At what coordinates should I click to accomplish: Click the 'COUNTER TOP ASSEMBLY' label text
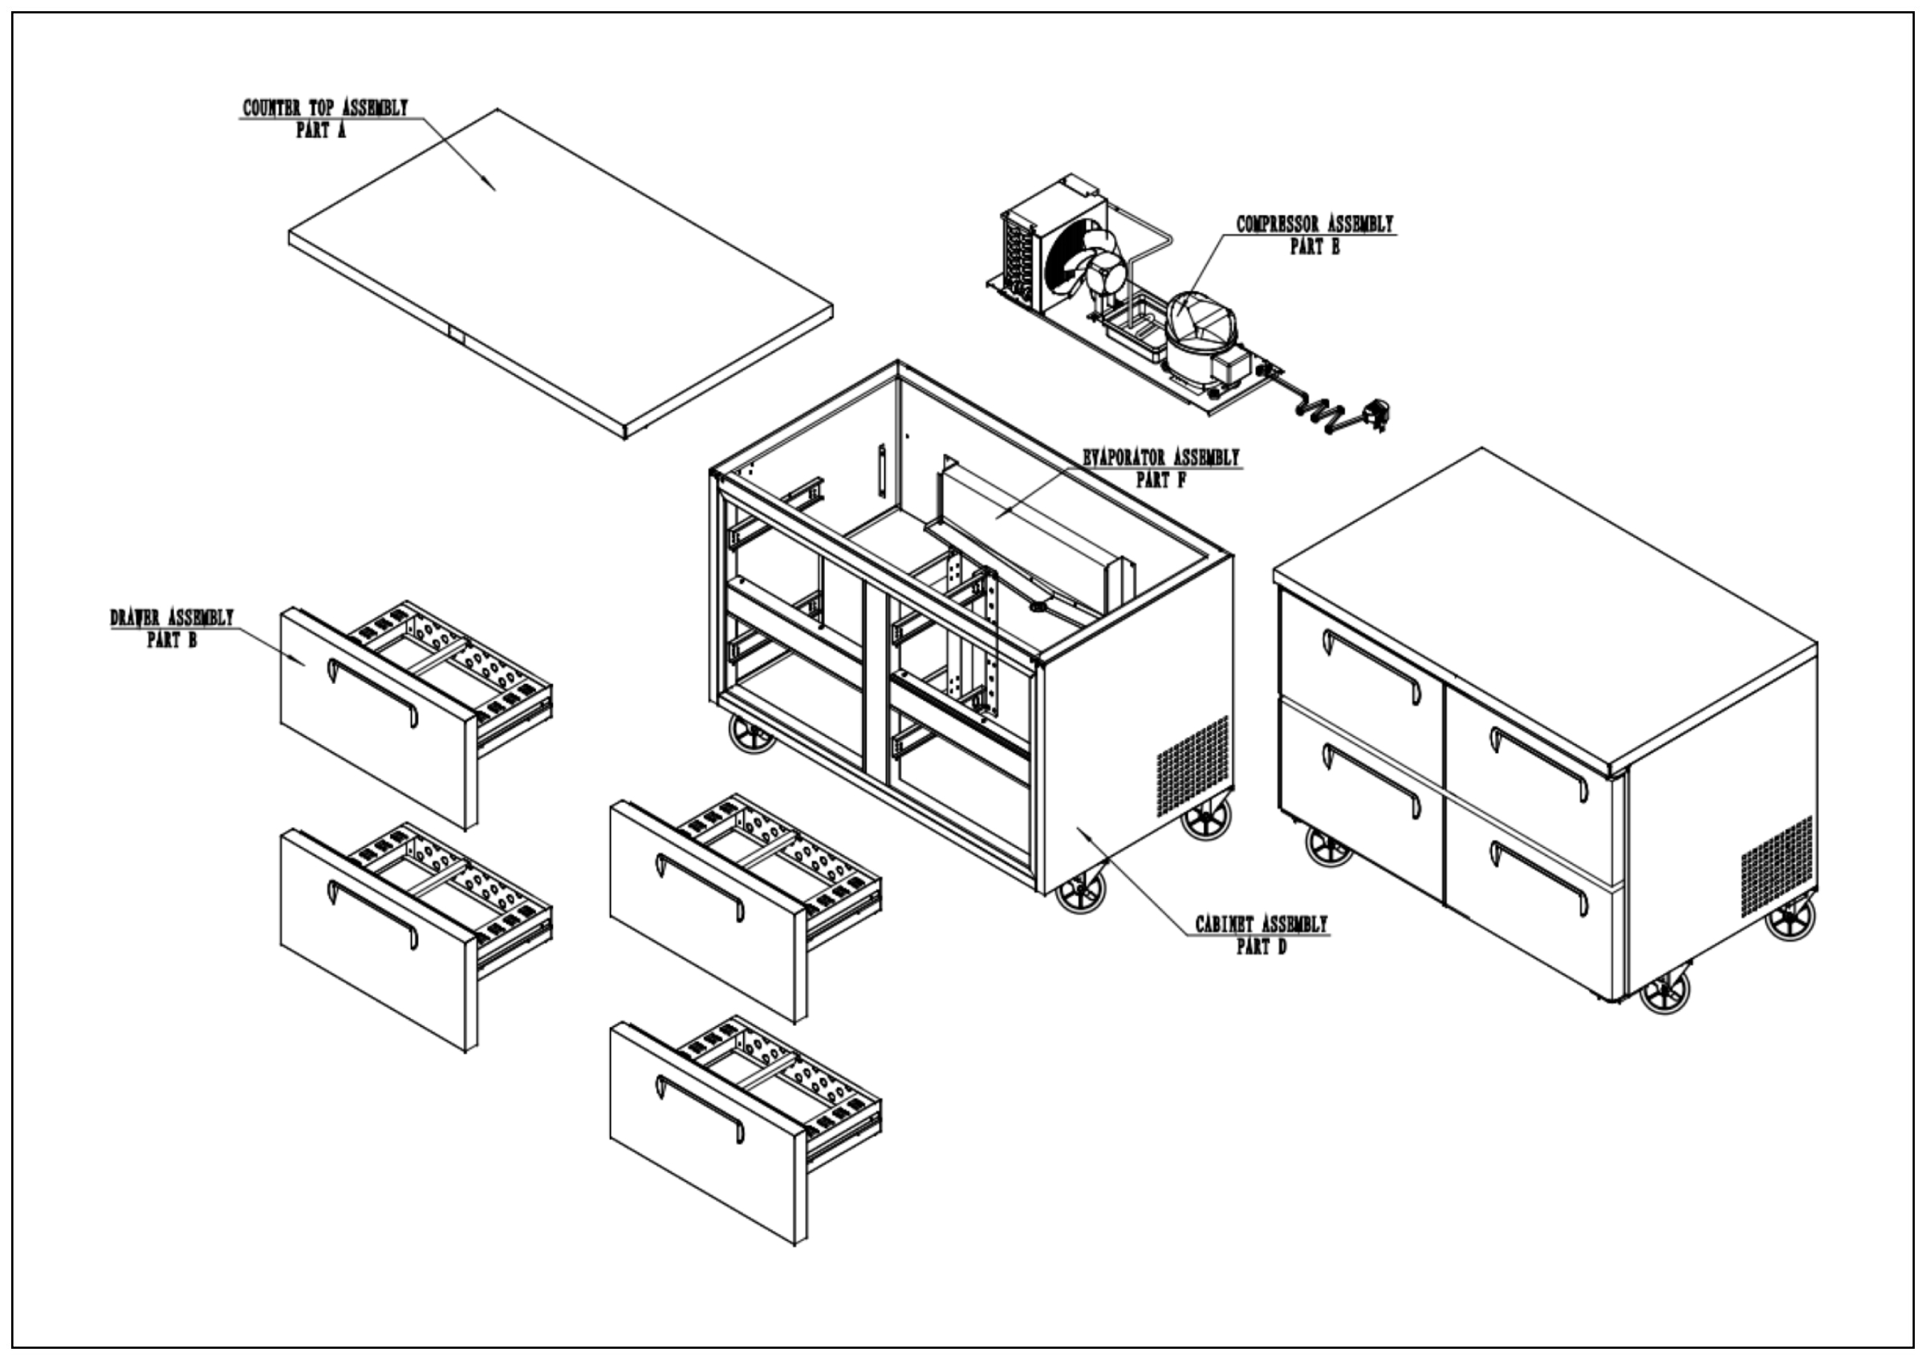click(325, 108)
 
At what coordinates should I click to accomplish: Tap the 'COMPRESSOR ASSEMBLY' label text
click(1314, 224)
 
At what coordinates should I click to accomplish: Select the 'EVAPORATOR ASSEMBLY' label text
click(1160, 458)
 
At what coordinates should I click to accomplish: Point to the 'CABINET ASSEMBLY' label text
click(1261, 925)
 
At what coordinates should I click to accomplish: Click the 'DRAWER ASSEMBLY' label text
click(172, 617)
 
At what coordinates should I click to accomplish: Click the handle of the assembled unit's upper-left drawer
click(1371, 666)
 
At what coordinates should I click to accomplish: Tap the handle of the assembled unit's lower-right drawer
click(1538, 877)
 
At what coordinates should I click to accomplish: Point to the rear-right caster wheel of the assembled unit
click(1790, 918)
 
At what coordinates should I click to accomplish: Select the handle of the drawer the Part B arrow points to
click(372, 693)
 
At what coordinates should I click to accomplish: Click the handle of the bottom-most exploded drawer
click(700, 1108)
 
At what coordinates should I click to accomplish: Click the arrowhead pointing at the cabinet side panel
click(1083, 833)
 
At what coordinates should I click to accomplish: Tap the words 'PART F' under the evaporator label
click(1160, 480)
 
